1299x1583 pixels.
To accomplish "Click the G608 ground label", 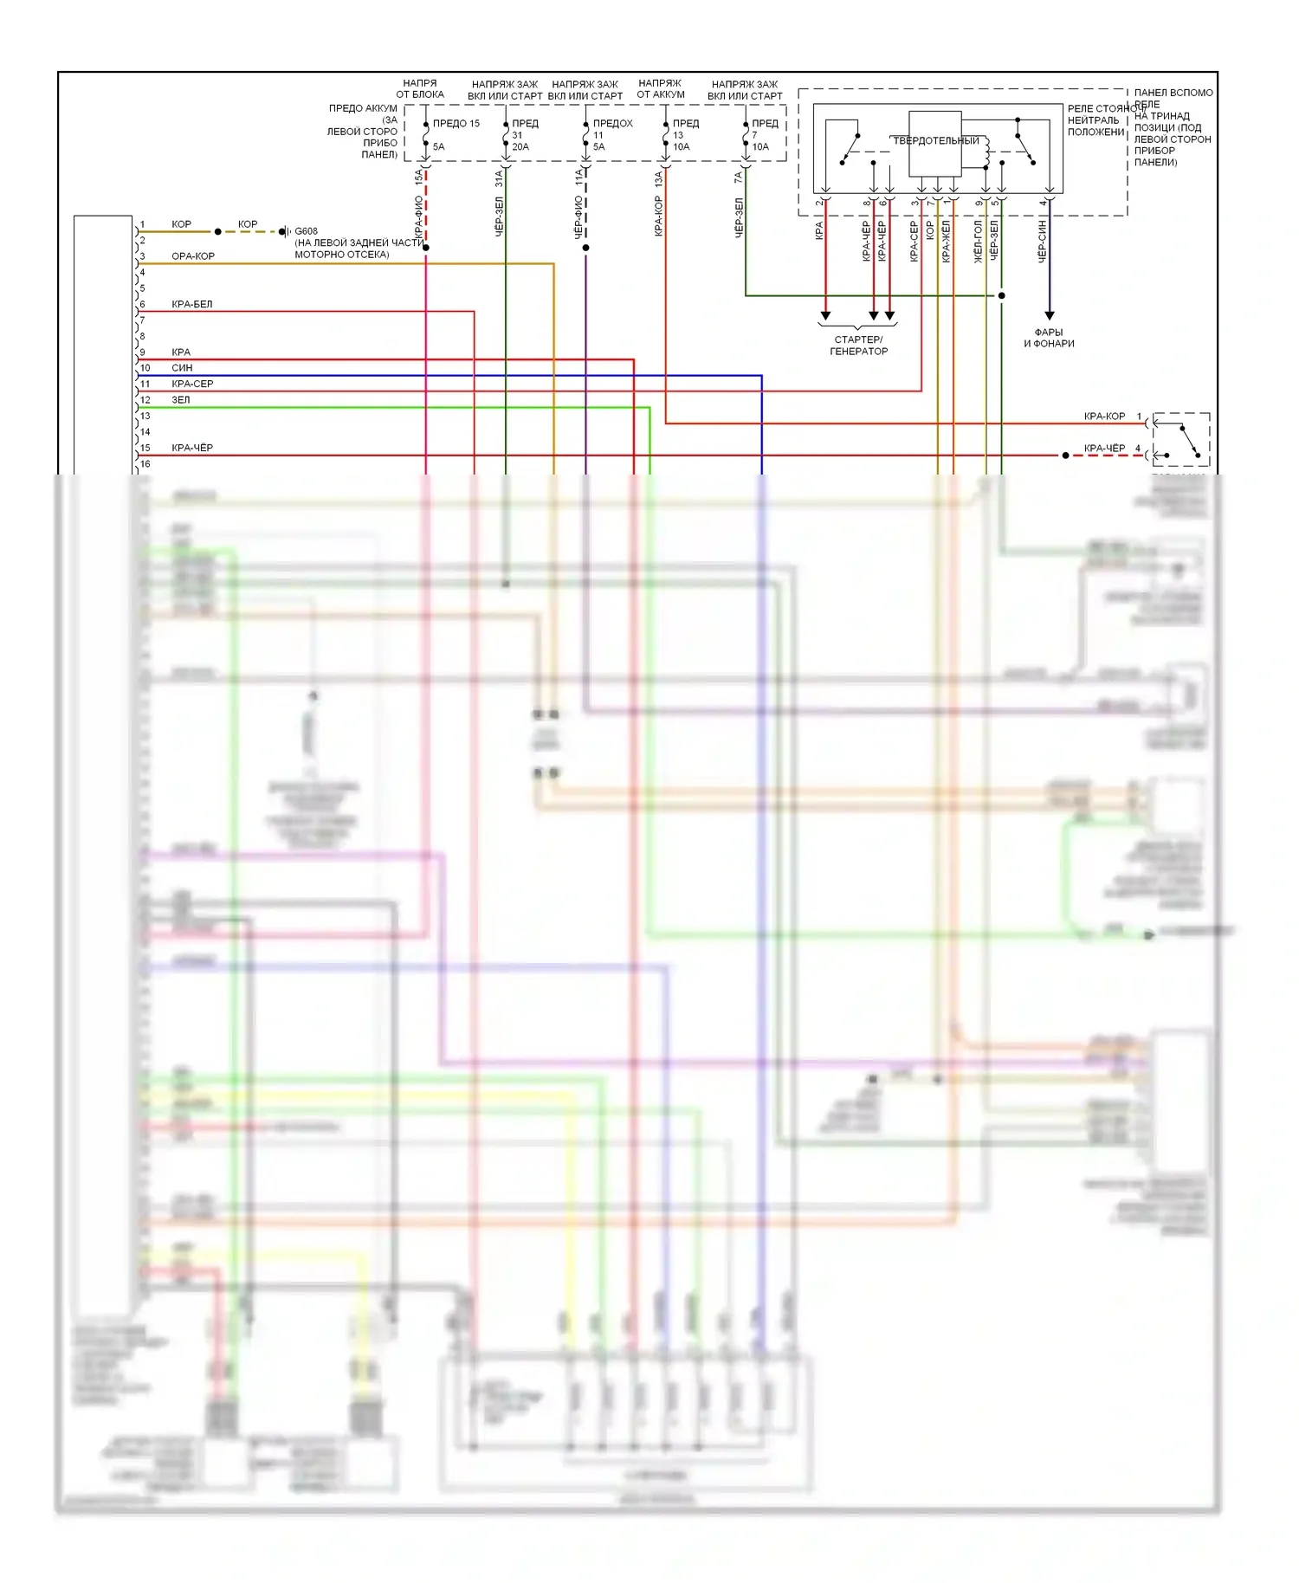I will click(306, 231).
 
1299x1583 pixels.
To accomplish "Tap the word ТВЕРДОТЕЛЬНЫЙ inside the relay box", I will click(936, 140).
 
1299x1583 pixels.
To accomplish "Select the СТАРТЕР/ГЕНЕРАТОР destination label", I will click(858, 346).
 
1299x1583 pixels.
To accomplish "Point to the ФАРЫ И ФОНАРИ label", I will click(1049, 338).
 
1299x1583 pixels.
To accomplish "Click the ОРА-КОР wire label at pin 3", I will click(192, 256).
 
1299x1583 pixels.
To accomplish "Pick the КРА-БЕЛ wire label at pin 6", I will click(191, 304).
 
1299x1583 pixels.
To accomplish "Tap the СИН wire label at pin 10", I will click(182, 368).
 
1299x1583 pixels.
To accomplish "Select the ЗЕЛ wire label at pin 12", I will click(180, 400).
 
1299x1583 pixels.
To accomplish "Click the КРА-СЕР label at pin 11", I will click(191, 384).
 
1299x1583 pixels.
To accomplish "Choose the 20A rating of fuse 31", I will click(520, 147).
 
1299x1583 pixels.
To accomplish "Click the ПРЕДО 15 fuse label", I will click(456, 124).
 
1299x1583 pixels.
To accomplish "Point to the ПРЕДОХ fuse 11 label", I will click(612, 124).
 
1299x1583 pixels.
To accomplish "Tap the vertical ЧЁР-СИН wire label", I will click(1042, 240).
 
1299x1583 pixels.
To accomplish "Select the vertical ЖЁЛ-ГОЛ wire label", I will click(978, 241).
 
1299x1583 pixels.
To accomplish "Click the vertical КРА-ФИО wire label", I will click(418, 217).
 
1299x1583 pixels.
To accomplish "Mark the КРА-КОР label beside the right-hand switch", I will click(1104, 417).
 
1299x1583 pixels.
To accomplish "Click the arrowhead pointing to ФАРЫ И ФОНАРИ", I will click(1049, 315).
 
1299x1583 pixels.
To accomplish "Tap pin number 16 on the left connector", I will click(145, 464).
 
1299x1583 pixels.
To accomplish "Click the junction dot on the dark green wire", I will click(1002, 295).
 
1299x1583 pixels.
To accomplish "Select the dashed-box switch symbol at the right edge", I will click(1181, 439).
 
